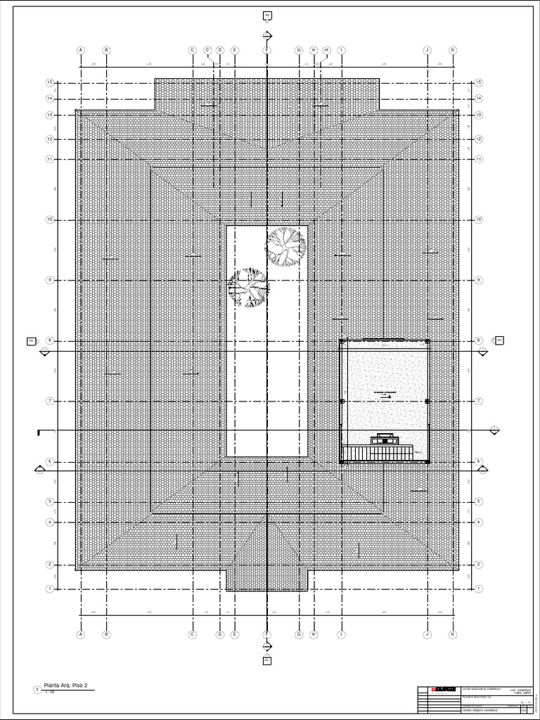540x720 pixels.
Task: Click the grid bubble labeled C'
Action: [208, 50]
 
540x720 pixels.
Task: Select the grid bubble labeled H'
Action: [327, 50]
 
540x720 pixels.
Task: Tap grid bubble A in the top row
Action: [80, 51]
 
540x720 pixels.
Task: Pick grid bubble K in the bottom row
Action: [453, 634]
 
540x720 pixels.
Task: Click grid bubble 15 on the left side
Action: [50, 82]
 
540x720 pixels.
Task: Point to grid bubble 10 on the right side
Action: [479, 220]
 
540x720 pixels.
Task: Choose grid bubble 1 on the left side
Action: [50, 588]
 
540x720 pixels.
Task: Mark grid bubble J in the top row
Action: [427, 51]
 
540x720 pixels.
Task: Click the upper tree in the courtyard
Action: [285, 246]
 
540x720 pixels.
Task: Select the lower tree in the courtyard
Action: [248, 288]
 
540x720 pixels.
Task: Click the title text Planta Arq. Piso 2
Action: [66, 685]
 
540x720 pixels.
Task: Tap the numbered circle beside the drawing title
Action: [37, 690]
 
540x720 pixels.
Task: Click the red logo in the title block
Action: [444, 689]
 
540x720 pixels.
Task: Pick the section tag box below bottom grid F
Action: [267, 660]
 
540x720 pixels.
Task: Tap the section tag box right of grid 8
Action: [499, 340]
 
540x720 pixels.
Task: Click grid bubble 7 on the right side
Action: [479, 401]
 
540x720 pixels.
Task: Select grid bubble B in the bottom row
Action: [106, 634]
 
